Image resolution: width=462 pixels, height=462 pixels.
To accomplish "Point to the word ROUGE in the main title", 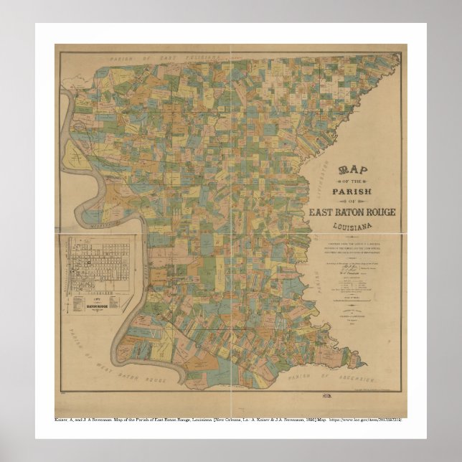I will [x=378, y=213].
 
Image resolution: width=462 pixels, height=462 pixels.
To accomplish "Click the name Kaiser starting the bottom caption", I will [x=62, y=418].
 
